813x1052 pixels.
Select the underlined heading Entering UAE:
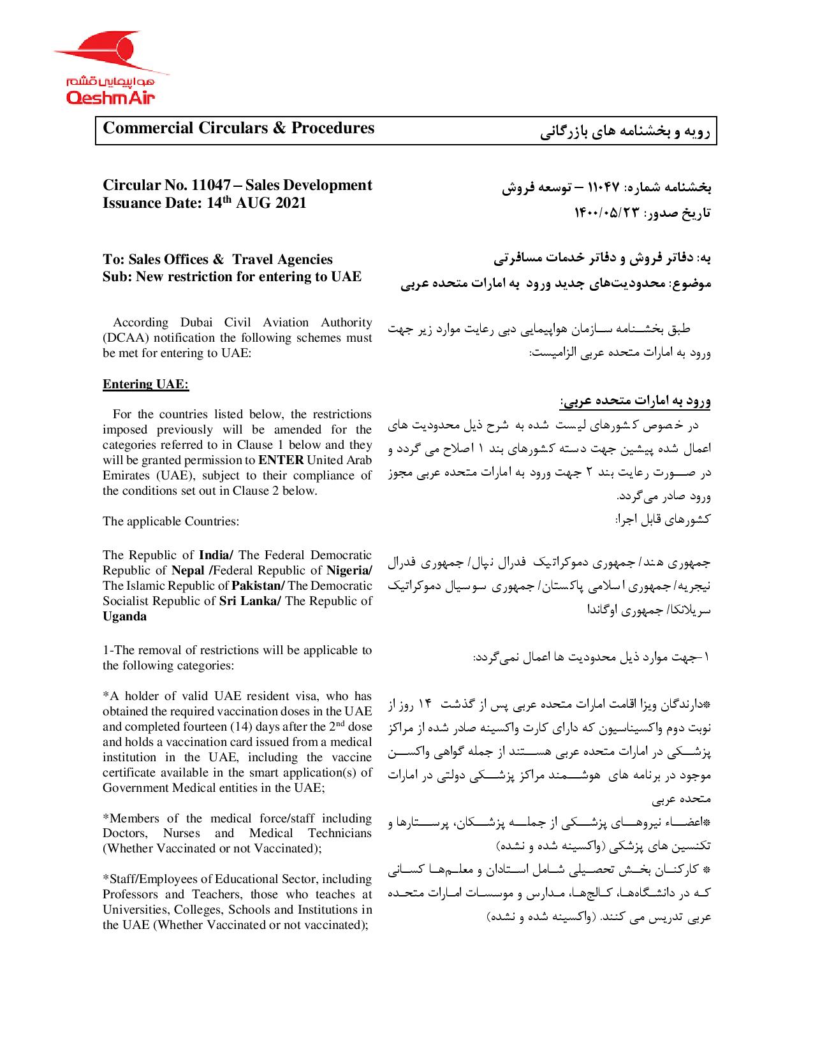coord(146,384)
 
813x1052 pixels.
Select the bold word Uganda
coord(124,616)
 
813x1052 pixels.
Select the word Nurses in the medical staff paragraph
coord(183,833)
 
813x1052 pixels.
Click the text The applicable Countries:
coord(171,522)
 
